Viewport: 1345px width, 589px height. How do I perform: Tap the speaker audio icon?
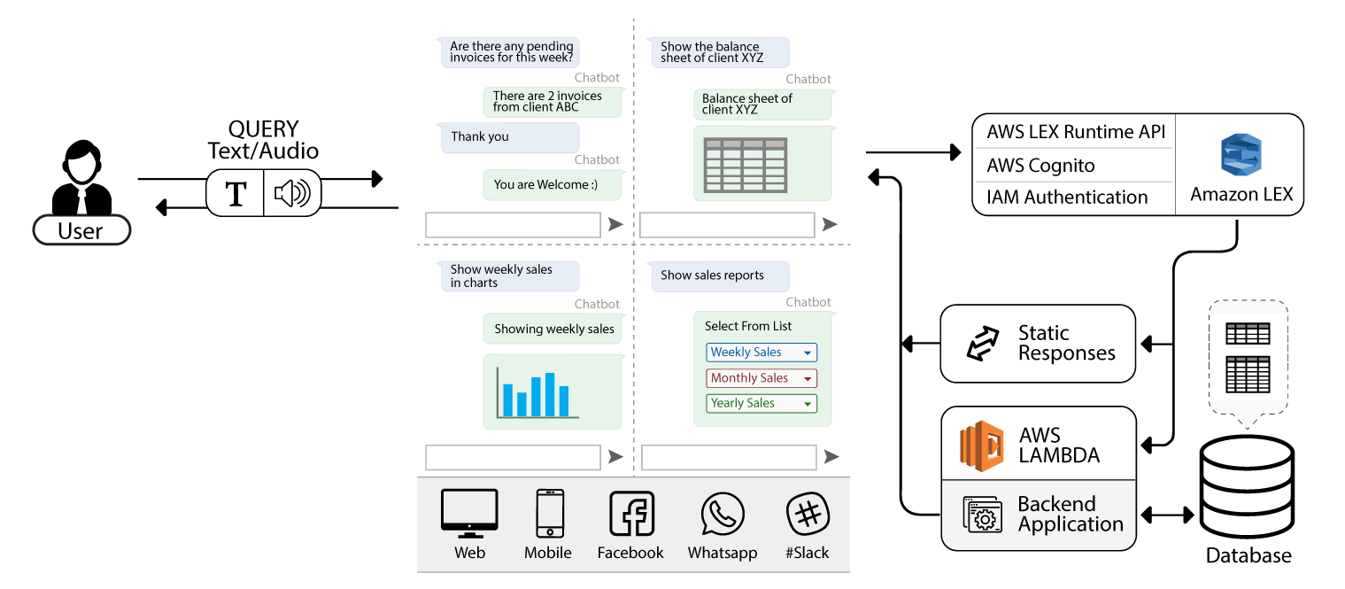click(292, 193)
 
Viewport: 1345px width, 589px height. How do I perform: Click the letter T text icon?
click(236, 194)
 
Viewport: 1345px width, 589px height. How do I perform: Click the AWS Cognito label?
click(1040, 166)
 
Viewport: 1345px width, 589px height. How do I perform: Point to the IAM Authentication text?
click(1067, 198)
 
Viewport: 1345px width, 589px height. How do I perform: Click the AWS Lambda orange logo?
click(983, 446)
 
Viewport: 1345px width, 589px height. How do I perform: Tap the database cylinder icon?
click(1246, 484)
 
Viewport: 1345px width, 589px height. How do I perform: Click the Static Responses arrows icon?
click(982, 344)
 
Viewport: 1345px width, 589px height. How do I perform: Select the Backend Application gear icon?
click(982, 515)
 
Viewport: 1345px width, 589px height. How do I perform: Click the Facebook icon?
click(631, 514)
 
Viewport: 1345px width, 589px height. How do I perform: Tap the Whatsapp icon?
click(723, 515)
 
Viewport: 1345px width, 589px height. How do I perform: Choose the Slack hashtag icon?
click(807, 514)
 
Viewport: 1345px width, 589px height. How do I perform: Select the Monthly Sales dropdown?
click(761, 378)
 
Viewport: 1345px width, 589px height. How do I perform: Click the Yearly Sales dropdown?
click(761, 403)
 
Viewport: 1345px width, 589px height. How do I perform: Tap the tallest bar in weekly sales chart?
click(550, 395)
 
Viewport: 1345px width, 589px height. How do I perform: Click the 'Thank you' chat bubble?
click(509, 137)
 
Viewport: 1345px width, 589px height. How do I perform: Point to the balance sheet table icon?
click(744, 165)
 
